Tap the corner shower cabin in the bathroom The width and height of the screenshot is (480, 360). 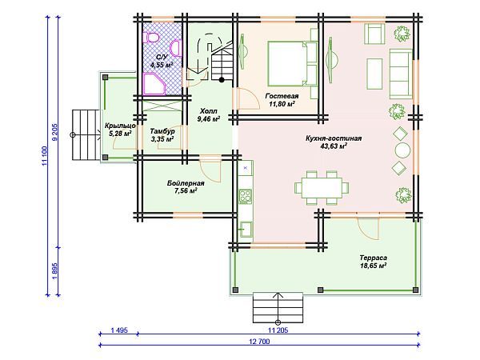tap(154, 83)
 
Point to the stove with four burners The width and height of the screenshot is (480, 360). tap(246, 196)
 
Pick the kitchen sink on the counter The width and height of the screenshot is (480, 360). tap(246, 229)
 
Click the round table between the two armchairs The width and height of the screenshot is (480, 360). tap(402, 150)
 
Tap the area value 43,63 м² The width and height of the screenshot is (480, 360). tap(334, 146)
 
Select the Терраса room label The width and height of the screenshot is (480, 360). tap(373, 258)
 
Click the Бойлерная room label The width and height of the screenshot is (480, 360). tap(186, 183)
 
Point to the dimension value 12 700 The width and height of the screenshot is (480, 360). tap(260, 342)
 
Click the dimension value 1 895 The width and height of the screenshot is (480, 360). tap(55, 271)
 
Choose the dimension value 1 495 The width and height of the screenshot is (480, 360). tap(119, 330)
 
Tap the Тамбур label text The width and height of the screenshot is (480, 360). tap(162, 131)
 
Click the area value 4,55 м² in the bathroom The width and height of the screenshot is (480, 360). tap(162, 65)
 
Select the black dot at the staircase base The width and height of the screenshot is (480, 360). tap(222, 80)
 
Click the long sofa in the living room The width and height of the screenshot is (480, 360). tap(400, 74)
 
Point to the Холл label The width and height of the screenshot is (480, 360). tap(209, 111)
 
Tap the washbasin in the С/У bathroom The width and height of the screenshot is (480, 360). tap(176, 48)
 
